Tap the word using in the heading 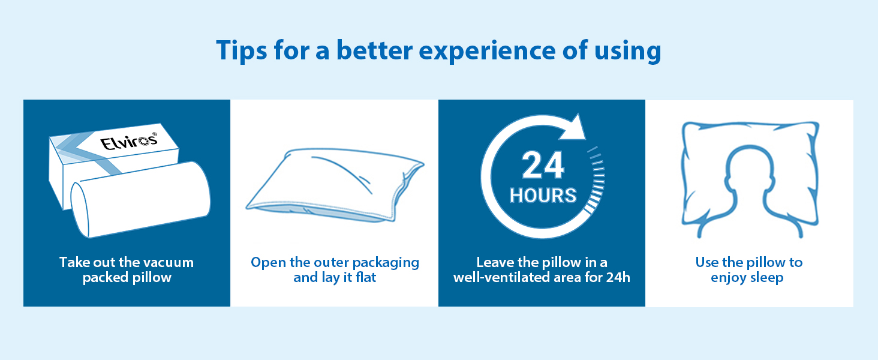627,52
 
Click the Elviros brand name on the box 128,141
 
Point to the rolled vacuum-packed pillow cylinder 140,199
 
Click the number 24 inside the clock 543,166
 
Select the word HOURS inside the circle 543,195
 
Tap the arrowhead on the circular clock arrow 573,127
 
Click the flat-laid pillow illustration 335,184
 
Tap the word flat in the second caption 366,277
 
